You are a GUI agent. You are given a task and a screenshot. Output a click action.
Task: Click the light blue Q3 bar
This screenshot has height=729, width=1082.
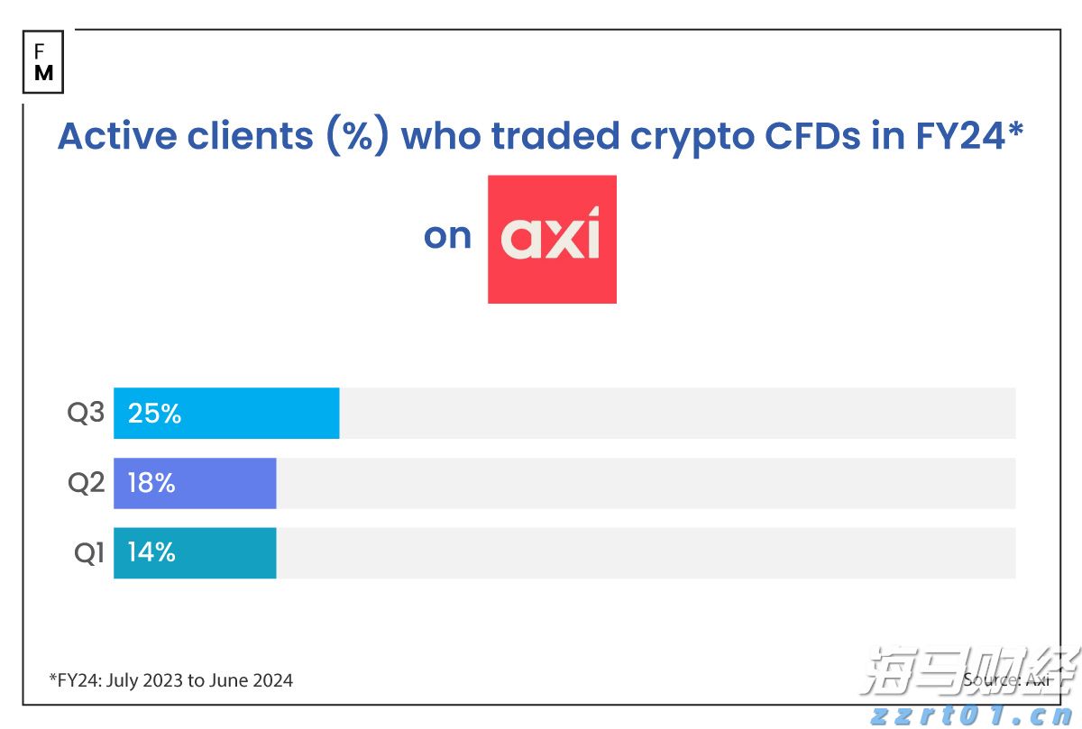(x=226, y=414)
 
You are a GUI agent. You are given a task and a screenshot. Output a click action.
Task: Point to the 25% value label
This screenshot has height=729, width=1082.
(x=154, y=414)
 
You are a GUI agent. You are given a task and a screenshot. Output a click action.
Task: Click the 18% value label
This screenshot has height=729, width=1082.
(x=151, y=483)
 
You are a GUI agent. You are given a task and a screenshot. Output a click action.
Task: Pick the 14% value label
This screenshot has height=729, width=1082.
(x=151, y=552)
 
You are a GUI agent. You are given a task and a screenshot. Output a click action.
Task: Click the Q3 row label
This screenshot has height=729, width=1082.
(x=87, y=414)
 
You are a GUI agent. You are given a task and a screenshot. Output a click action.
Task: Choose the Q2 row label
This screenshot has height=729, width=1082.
(x=87, y=483)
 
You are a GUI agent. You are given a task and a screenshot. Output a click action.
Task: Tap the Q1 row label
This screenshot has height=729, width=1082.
(x=89, y=552)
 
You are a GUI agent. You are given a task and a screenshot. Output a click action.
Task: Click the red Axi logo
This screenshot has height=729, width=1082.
(x=552, y=239)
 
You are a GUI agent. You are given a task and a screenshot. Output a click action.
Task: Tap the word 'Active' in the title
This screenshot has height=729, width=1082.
(x=116, y=135)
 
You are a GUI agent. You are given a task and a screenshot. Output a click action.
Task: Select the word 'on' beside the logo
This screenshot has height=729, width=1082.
(x=447, y=236)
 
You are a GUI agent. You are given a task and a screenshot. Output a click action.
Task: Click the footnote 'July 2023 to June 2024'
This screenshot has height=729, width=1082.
(x=199, y=680)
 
